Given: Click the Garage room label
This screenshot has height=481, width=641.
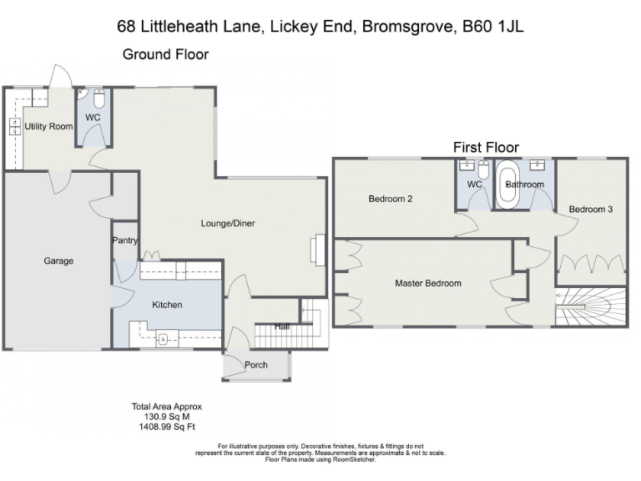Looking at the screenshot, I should pos(58,261).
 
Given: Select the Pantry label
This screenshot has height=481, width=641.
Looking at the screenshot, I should pos(125,240).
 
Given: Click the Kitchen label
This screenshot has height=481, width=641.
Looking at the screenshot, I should pos(167,305).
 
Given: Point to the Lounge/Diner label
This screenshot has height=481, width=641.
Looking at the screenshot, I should pos(228,223).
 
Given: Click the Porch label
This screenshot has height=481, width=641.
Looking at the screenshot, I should pos(256,365).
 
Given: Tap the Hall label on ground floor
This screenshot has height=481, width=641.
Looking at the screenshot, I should pos(282,327).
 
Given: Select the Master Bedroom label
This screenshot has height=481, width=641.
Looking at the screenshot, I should pos(428,283).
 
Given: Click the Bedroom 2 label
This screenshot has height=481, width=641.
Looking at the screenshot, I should pos(391,199).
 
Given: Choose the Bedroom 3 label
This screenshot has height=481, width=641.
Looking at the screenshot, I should pos(591,209).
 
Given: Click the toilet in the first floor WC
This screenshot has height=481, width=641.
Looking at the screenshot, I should pos(483,170).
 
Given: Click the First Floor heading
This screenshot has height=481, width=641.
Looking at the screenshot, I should pos(486,147).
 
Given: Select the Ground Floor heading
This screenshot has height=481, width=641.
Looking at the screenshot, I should pos(165,54).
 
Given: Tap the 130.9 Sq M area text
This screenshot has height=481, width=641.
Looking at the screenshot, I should pos(166,417).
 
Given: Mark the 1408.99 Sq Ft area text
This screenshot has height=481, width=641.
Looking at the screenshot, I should pos(166,427).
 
